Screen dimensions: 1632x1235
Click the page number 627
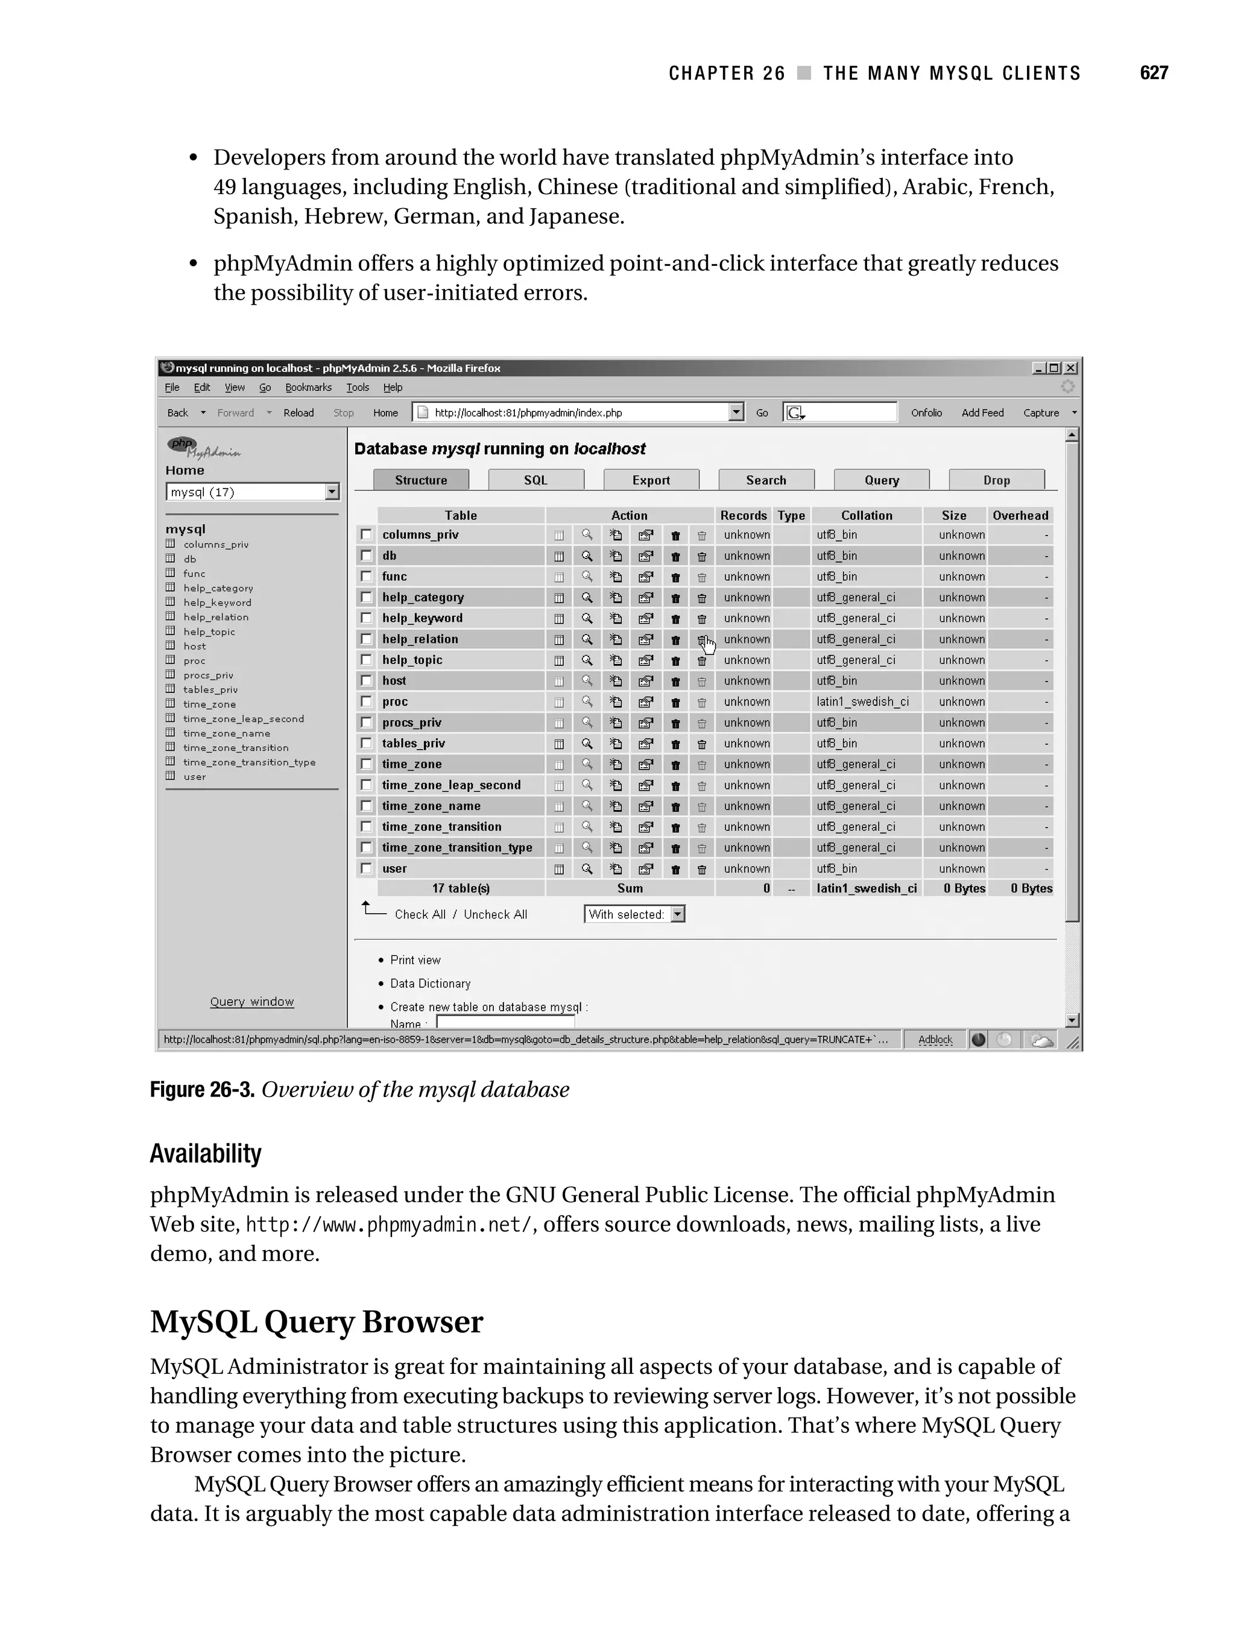coord(1153,73)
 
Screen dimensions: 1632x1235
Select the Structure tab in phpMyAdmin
coord(420,480)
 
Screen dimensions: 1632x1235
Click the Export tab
coord(651,480)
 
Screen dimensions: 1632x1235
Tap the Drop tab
coord(996,480)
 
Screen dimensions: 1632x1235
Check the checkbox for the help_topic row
coord(366,660)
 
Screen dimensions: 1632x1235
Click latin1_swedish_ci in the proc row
coord(862,701)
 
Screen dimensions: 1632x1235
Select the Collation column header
coord(866,516)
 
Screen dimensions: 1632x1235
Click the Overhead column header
coord(1020,516)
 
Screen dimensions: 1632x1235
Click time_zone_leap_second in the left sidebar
coord(243,719)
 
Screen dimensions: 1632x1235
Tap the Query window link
coord(251,1002)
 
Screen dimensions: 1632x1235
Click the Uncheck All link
coord(495,915)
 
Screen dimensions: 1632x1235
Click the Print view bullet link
coord(415,961)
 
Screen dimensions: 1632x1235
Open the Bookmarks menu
coord(308,388)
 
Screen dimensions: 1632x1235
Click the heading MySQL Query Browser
coord(317,1321)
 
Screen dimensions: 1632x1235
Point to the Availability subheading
coord(206,1153)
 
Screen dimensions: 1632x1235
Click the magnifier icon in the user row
coord(587,868)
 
